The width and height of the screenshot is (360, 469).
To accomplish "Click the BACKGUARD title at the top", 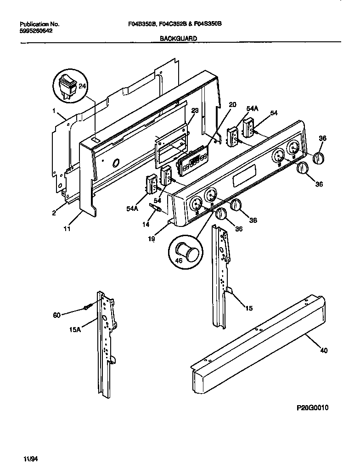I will click(178, 39).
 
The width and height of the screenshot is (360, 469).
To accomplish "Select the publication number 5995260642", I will click(37, 31).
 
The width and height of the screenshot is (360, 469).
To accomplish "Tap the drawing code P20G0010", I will click(309, 408).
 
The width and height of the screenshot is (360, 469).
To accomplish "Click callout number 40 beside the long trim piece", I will click(324, 351).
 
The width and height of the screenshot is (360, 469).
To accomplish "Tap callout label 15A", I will click(75, 330).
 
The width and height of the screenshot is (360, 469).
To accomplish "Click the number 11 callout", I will click(67, 229).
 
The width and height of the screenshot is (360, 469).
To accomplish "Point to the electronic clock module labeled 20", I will click(193, 161).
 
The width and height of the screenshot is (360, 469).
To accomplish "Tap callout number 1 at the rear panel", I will click(54, 111).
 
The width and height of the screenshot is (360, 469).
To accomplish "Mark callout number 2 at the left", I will click(54, 212).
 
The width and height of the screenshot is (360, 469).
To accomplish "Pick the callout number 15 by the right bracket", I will click(248, 308).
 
